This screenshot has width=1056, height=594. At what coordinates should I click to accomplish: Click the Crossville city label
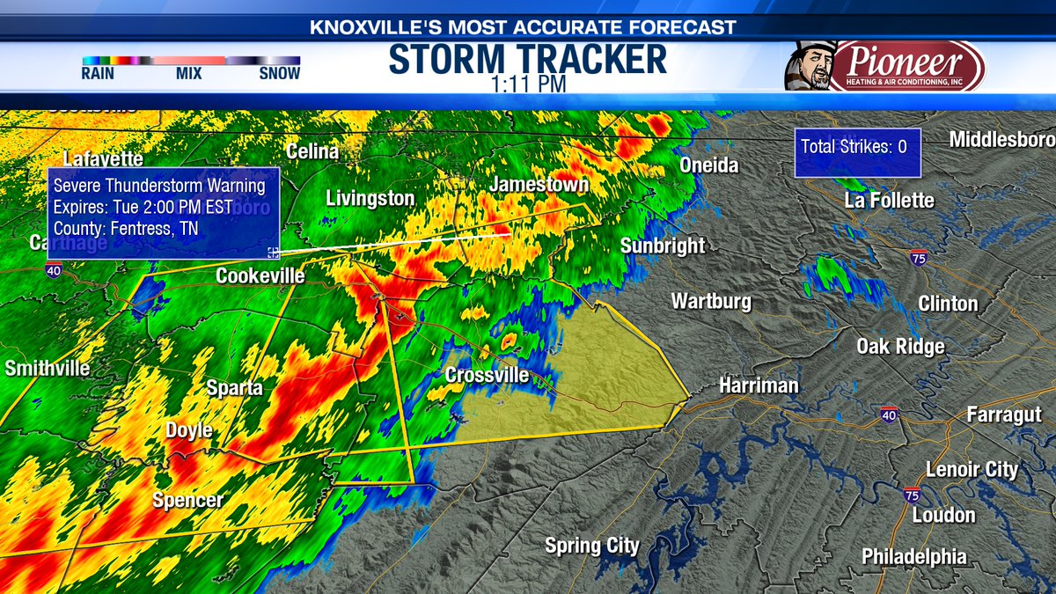(487, 376)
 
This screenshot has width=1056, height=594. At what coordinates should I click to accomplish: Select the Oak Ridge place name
(900, 347)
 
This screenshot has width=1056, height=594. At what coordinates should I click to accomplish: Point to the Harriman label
(759, 385)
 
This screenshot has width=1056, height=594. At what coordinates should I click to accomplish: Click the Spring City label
(592, 546)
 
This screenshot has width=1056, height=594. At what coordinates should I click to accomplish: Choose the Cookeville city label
(260, 276)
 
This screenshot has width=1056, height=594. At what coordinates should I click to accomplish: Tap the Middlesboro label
(1001, 140)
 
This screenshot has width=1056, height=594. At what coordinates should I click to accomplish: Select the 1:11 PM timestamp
(527, 84)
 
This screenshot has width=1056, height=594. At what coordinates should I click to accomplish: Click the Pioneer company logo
(906, 65)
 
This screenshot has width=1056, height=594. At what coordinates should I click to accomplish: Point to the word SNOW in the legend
(279, 74)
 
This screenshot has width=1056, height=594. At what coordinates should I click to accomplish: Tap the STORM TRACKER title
(527, 59)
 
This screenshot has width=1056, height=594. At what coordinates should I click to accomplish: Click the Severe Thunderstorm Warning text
(159, 186)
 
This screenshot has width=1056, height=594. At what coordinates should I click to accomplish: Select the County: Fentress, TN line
(126, 229)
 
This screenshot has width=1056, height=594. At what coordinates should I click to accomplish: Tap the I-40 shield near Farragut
(888, 414)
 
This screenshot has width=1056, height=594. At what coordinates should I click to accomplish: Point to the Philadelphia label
(913, 557)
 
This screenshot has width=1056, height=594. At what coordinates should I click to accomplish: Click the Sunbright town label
(663, 246)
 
